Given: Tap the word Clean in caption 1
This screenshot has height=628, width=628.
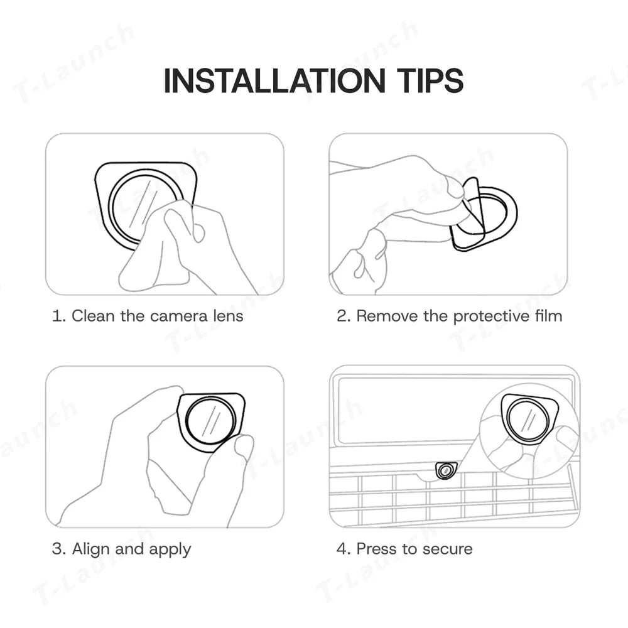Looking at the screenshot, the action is tap(94, 316).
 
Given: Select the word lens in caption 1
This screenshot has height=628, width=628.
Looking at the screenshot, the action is tap(228, 316).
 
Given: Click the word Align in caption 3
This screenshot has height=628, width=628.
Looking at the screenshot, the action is tap(90, 549).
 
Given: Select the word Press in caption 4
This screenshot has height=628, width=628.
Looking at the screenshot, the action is tap(376, 549).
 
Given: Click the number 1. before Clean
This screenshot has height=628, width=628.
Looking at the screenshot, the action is tap(59, 316).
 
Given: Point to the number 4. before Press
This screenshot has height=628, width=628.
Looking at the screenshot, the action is tap(344, 549).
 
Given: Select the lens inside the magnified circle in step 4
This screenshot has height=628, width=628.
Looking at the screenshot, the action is tap(528, 420).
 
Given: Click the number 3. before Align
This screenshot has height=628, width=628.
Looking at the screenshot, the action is tap(59, 549).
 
